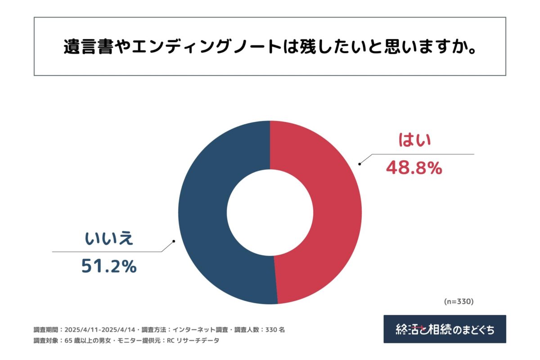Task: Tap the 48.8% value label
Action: (414, 168)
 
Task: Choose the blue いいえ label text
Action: (109, 238)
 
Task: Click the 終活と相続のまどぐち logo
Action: (445, 329)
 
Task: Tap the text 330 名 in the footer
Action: (276, 329)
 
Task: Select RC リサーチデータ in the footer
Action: (193, 341)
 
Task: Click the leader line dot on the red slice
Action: (359, 164)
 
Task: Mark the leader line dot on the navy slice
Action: (174, 241)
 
